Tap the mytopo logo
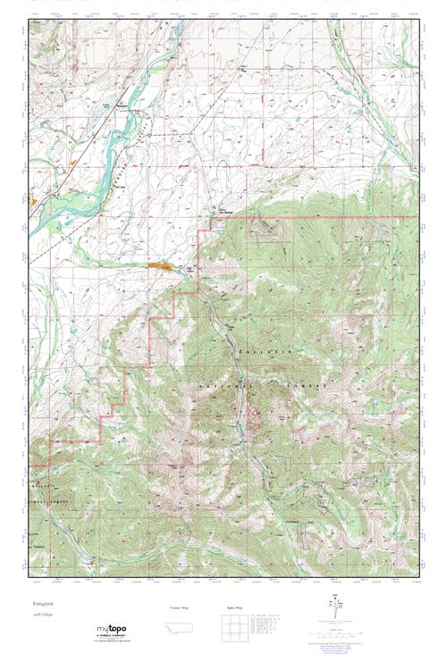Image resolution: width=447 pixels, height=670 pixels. pos(114,631)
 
